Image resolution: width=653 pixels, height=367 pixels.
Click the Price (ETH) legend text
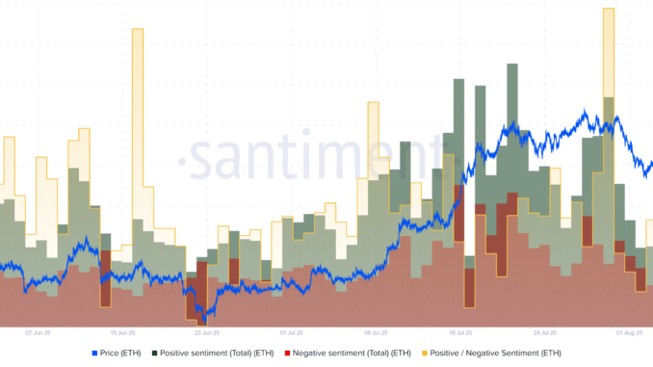122,354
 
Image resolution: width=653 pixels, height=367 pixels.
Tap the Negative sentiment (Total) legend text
345,354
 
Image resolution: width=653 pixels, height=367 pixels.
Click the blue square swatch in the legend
94,354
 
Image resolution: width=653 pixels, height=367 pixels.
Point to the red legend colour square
286,354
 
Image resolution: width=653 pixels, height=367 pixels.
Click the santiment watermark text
318,154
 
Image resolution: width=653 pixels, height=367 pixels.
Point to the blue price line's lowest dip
202,319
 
